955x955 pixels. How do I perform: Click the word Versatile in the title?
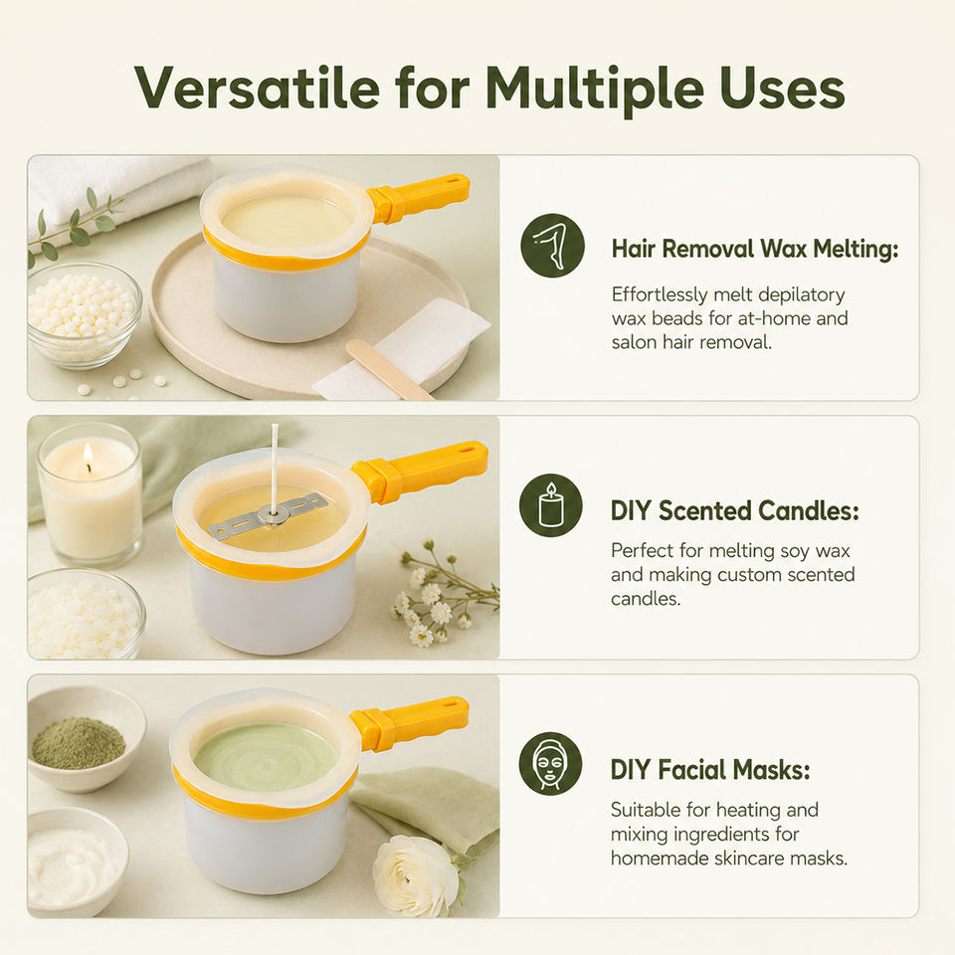(257, 89)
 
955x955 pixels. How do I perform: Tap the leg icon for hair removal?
(552, 246)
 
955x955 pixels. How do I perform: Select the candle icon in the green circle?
(550, 505)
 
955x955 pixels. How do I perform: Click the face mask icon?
(550, 764)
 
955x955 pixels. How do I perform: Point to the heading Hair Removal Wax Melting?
(755, 249)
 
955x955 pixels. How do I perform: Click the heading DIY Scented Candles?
(734, 510)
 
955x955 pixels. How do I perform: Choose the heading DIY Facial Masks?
(710, 770)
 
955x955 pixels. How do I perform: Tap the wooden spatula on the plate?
(390, 369)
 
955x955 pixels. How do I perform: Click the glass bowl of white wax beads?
(84, 314)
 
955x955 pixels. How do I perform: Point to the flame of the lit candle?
(89, 457)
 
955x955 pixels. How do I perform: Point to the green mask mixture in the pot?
(265, 756)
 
